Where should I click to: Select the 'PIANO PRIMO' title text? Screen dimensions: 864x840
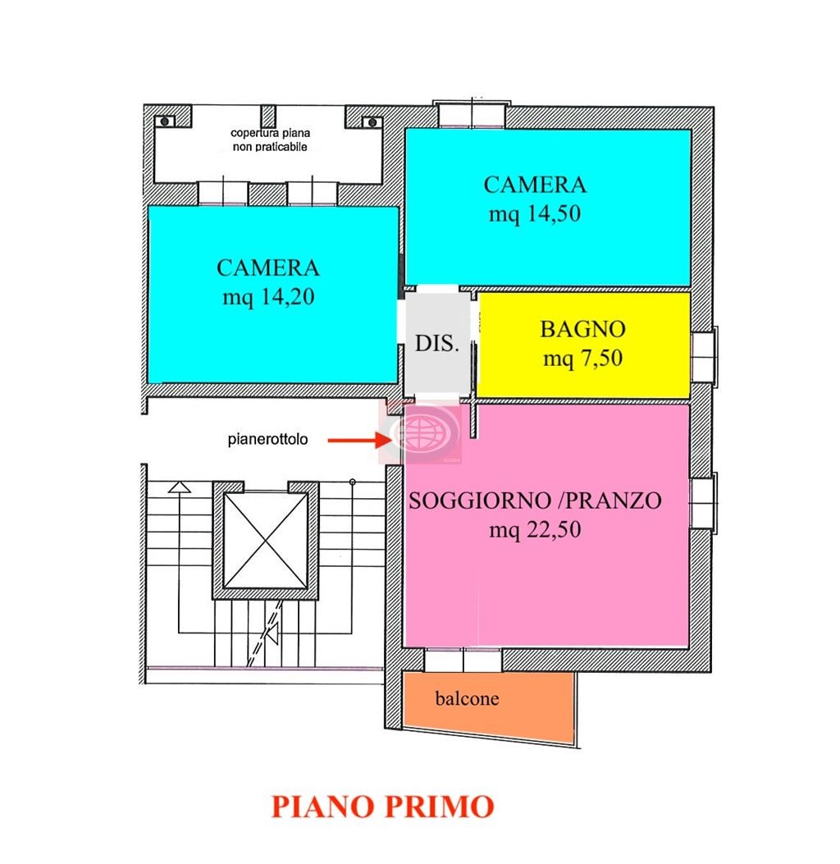point(382,806)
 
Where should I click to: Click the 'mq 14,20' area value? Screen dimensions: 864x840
point(268,296)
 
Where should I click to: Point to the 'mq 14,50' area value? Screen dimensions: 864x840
point(535,214)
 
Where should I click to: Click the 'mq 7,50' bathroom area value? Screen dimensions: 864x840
point(582,359)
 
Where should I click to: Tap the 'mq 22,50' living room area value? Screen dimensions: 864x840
point(535,530)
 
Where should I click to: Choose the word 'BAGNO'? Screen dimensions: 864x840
point(582,330)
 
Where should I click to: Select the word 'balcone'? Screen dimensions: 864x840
point(467,700)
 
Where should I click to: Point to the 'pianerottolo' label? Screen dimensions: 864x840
point(267,440)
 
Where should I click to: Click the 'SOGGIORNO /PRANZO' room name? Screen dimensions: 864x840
point(535,501)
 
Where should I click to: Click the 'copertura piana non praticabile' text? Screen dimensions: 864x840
point(270,139)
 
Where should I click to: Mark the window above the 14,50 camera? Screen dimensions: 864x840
point(471,116)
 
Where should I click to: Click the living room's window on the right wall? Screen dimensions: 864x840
point(704,501)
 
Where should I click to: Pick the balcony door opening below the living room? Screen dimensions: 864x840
point(463,660)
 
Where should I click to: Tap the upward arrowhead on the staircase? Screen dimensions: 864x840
point(179,487)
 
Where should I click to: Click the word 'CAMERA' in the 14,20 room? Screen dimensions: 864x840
point(268,267)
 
